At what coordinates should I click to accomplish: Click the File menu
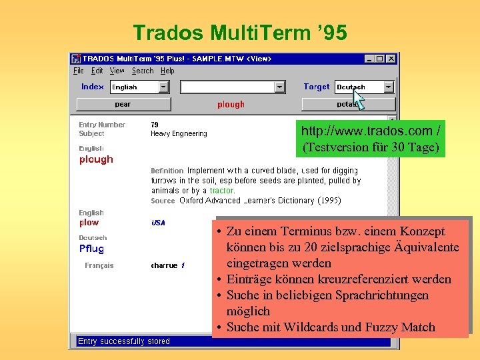click(78, 71)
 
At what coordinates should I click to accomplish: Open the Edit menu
click(97, 71)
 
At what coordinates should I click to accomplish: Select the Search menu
click(143, 71)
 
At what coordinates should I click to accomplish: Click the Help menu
click(168, 71)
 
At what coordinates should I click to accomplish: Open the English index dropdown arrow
click(164, 87)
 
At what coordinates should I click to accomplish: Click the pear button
click(123, 104)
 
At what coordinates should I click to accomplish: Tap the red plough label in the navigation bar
click(231, 104)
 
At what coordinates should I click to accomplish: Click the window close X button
click(391, 59)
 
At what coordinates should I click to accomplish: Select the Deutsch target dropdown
click(364, 87)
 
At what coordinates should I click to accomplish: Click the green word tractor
click(221, 191)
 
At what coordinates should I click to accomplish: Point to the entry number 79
click(155, 125)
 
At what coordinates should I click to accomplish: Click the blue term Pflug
click(91, 249)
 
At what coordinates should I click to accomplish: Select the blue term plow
click(89, 223)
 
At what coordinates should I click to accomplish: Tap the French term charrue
click(164, 265)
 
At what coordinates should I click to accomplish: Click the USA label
click(158, 223)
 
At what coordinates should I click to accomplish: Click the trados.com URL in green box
click(370, 131)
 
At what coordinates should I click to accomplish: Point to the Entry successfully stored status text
click(124, 341)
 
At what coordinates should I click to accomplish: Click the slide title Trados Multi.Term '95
click(240, 32)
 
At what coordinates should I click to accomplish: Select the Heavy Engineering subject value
click(179, 134)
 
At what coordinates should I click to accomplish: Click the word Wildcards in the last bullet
click(313, 327)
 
